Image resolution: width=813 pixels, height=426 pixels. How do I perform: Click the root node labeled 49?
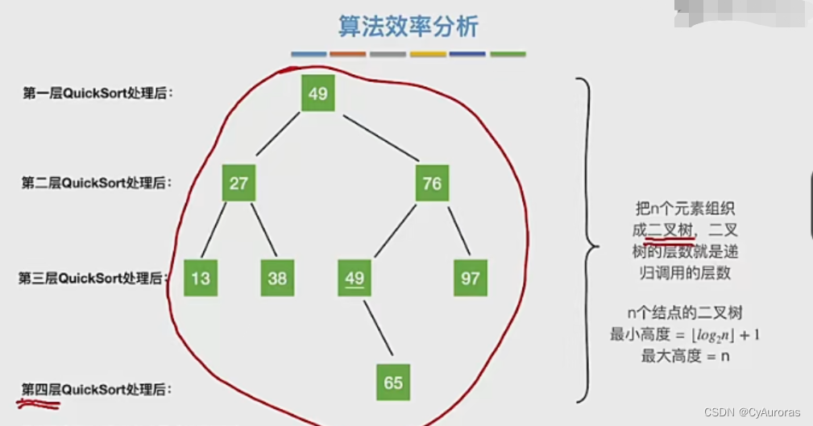point(317,93)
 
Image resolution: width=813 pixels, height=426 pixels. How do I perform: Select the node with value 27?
point(239,183)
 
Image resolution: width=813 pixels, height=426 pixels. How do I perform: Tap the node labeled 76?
point(432,183)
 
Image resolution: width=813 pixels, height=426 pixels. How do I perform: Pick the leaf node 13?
point(201,278)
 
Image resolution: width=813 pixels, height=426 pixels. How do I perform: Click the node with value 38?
point(277,278)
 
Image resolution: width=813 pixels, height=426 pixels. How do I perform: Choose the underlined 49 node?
point(355,278)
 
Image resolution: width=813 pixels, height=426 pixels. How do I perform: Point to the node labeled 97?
point(470,278)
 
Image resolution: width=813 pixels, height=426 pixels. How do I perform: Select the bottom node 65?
point(393,382)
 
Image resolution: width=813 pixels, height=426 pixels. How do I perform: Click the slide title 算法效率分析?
point(408,27)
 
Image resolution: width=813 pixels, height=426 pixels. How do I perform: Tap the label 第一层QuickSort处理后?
point(97,93)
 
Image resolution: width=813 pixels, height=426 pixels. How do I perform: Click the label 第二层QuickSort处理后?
point(97,183)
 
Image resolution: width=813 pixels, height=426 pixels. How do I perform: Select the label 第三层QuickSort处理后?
point(93,279)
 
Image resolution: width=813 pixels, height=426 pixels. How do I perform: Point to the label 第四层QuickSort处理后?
point(97,390)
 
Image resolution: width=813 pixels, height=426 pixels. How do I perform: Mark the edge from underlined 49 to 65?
point(378,327)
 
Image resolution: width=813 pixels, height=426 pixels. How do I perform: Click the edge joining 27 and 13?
point(215,230)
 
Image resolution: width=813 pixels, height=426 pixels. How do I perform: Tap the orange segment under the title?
point(348,55)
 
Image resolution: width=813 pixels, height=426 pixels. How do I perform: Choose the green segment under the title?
point(508,55)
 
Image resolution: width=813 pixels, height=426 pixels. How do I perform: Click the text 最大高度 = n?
point(685,355)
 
